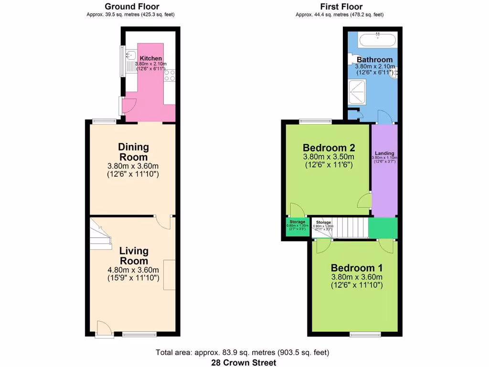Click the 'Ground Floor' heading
point(132,7)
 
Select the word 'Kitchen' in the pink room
point(150,58)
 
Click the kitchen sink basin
point(130,55)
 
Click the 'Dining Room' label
point(134,152)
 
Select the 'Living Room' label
point(134,256)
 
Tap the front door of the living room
point(103,328)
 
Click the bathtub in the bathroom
point(377,40)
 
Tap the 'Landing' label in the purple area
point(384,153)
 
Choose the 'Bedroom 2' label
point(329,147)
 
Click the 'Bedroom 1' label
point(356,268)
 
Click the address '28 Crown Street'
point(244,363)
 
